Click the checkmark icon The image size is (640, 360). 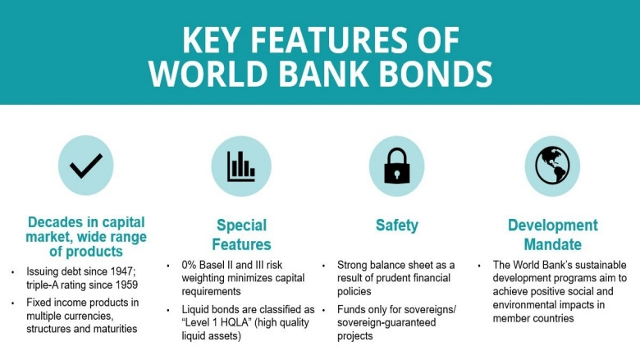tap(85, 166)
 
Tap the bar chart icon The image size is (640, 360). tap(240, 166)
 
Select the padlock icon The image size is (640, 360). tap(397, 166)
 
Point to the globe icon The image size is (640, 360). tap(552, 166)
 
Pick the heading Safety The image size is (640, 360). tap(397, 225)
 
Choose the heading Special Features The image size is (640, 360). tap(241, 235)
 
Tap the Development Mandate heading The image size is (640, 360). tap(552, 235)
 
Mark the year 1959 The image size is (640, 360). tap(124, 284)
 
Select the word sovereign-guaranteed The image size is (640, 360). tap(382, 322)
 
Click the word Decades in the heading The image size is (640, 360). tap(55, 222)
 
